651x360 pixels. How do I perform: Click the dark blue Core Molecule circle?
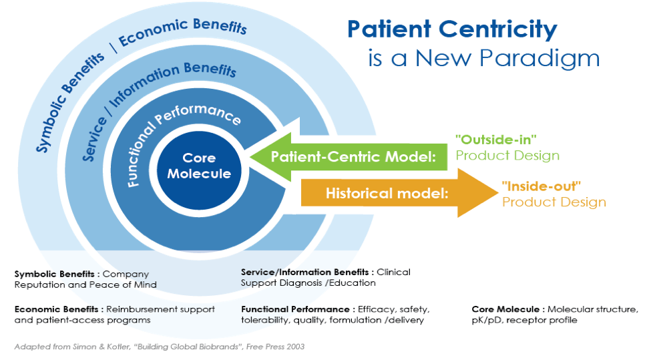click(199, 170)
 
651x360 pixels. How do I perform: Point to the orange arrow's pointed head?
click(497, 192)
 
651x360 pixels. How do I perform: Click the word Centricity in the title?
click(498, 30)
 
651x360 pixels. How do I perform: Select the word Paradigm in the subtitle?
click(539, 59)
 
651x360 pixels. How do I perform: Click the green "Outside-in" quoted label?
click(496, 140)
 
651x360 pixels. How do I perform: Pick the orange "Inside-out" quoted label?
click(541, 186)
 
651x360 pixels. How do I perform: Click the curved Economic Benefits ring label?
click(183, 31)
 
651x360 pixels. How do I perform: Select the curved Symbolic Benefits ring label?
click(69, 102)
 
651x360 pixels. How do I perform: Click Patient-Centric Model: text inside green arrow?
click(353, 157)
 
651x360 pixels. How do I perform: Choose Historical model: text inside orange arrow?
click(387, 194)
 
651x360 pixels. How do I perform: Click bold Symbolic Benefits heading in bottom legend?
click(54, 274)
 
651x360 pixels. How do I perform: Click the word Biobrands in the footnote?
click(219, 347)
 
